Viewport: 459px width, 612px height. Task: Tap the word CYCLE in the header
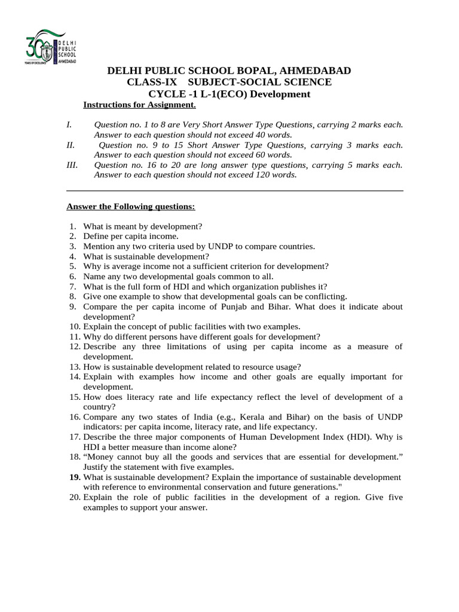point(168,94)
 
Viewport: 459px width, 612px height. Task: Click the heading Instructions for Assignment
point(139,105)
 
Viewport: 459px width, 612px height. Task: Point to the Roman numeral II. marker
point(71,145)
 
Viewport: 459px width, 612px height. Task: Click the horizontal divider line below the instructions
point(234,191)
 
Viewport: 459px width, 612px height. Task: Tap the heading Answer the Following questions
point(130,207)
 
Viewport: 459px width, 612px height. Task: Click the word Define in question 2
point(97,237)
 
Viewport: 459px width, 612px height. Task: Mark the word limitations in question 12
point(187,347)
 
